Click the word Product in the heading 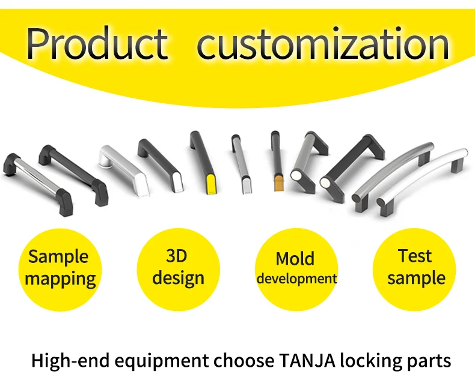point(97,43)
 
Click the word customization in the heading point(323,43)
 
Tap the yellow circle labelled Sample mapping point(60,268)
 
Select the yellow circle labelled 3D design point(178,268)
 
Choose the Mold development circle point(296,268)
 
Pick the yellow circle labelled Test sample point(415,268)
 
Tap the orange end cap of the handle point(279,182)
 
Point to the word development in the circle point(296,279)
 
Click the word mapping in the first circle point(60,279)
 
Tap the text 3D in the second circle point(177,257)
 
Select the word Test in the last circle point(415,256)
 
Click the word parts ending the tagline point(427,362)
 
